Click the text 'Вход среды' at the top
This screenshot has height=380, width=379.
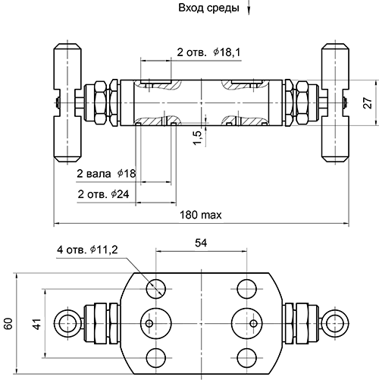tap(208, 8)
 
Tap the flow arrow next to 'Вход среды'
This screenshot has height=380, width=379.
tap(249, 8)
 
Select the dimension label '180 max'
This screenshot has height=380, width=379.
tap(200, 215)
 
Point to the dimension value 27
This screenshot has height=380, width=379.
tap(368, 102)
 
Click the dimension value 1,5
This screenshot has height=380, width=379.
tap(198, 138)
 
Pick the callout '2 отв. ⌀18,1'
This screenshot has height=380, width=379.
tap(208, 52)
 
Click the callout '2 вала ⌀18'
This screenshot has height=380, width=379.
tap(106, 174)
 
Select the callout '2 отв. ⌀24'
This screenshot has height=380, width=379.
tap(103, 194)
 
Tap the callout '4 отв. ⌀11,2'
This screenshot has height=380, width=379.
tap(87, 250)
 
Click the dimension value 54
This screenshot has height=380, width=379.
tap(201, 243)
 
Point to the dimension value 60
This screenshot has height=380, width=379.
tap(8, 324)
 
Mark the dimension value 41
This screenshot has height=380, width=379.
tap(37, 324)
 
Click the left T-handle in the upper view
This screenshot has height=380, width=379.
tap(67, 102)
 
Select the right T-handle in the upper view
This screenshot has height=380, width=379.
tap(335, 102)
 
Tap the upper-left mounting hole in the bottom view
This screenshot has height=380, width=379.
tap(156, 289)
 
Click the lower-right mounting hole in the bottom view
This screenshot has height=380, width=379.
tap(247, 358)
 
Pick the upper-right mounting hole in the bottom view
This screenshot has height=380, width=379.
tap(247, 289)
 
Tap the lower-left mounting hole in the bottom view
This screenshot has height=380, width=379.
tap(156, 358)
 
